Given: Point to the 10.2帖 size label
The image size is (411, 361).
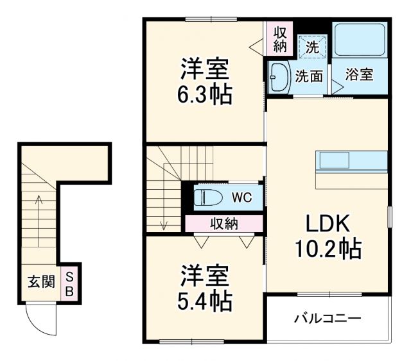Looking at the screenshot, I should pyautogui.click(x=327, y=248).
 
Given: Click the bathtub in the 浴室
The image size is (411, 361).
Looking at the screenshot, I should pyautogui.click(x=360, y=42).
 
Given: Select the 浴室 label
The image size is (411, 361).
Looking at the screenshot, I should pyautogui.click(x=360, y=74).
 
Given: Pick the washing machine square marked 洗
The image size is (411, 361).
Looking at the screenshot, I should pyautogui.click(x=312, y=46).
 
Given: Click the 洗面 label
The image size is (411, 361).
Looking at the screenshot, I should pyautogui.click(x=308, y=76).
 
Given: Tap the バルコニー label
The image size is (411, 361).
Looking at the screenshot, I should pyautogui.click(x=328, y=318).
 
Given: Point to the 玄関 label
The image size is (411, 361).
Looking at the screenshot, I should pyautogui.click(x=40, y=282).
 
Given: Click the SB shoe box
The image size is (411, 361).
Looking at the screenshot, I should pyautogui.click(x=70, y=282).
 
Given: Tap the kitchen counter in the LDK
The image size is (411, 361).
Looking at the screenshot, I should pyautogui.click(x=351, y=170).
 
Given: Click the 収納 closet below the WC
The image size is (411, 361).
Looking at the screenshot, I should pyautogui.click(x=223, y=224).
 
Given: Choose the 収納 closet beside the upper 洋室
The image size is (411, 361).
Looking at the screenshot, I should pyautogui.click(x=279, y=38).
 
